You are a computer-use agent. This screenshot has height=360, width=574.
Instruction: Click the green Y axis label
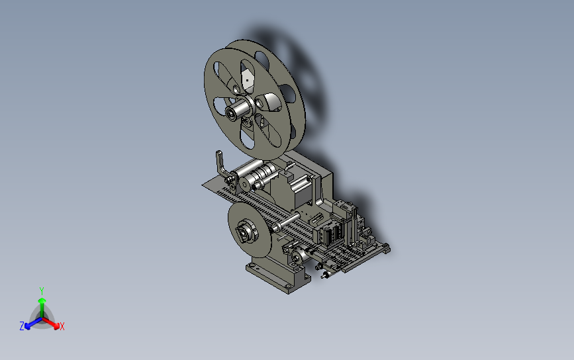(42, 291)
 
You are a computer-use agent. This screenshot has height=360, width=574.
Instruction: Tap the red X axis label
(62, 326)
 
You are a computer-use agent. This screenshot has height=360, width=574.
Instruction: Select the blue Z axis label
(22, 326)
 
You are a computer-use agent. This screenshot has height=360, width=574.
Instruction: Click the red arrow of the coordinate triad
(51, 323)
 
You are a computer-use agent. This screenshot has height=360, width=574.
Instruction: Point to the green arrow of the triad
(42, 308)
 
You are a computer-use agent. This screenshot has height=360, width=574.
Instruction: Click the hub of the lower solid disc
(245, 231)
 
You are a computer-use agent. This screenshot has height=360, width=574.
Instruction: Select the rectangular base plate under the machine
(278, 276)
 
